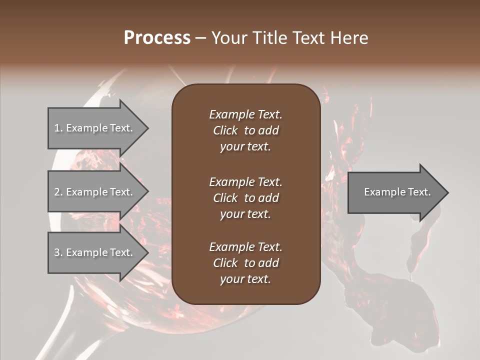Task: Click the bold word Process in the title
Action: point(157,38)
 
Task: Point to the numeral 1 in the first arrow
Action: point(57,128)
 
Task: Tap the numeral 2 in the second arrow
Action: point(57,192)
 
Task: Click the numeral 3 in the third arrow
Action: point(57,252)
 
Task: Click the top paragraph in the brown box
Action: point(245,130)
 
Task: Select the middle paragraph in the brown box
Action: point(245,198)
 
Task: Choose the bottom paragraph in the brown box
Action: point(245,263)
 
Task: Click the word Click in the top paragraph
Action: point(225,130)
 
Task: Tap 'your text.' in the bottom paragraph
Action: point(245,279)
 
